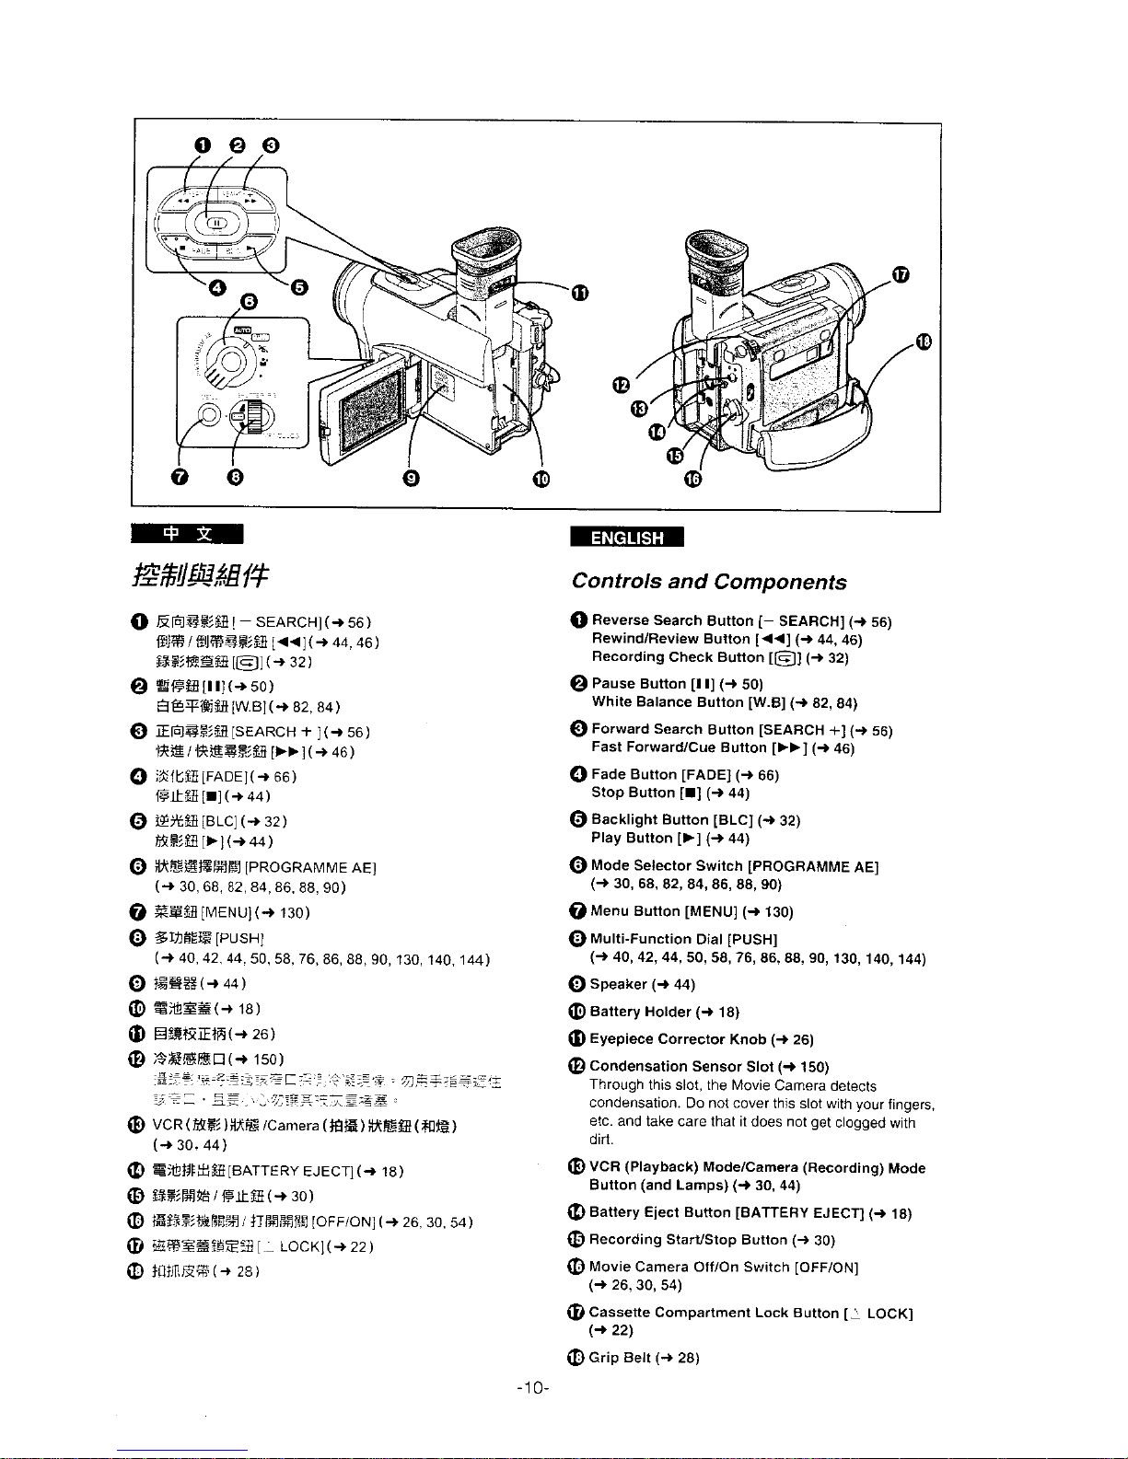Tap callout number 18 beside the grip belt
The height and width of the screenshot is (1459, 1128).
924,342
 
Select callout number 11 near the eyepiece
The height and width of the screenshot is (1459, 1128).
579,293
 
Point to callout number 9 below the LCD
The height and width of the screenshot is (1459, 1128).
412,476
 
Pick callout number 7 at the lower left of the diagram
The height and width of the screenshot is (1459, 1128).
180,476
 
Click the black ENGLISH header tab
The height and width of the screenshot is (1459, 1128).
626,538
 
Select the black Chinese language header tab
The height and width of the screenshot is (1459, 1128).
187,534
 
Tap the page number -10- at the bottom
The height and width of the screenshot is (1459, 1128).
534,1388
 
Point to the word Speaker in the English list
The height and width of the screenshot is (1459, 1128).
619,984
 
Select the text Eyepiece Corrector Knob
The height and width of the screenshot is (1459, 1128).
678,1039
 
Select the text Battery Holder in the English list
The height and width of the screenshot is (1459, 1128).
641,1012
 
